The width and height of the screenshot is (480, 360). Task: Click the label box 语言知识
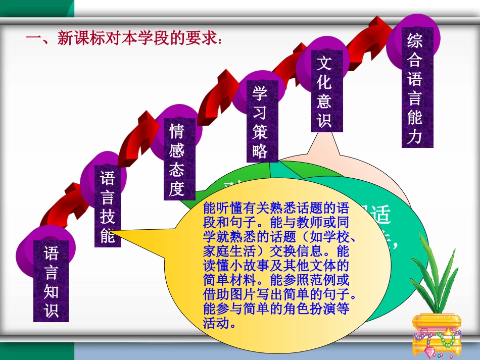[x=51, y=281]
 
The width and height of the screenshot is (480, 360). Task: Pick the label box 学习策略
[x=260, y=120]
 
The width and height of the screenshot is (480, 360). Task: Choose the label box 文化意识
[x=323, y=90]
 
